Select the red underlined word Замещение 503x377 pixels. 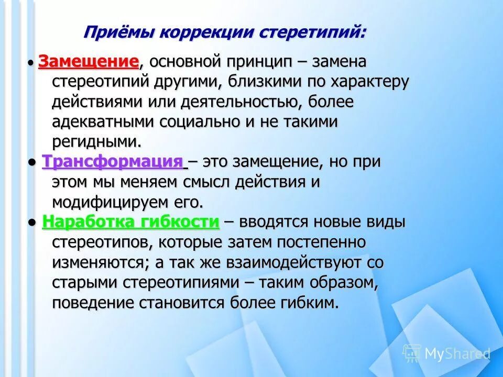(89, 62)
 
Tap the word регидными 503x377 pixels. (96, 141)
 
